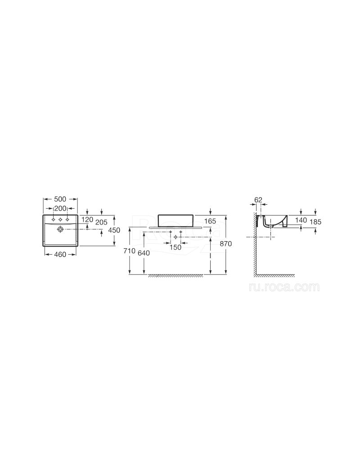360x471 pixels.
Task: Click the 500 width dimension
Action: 60,199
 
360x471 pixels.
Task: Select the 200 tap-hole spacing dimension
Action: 60,208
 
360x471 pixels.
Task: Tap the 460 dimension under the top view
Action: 60,255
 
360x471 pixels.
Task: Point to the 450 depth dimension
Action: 114,230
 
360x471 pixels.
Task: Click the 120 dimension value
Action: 87,220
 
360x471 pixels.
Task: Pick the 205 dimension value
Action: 101,223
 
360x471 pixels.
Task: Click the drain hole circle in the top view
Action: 60,229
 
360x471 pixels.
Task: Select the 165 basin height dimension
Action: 210,221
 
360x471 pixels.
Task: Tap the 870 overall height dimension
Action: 226,244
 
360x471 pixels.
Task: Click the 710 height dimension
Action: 130,251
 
